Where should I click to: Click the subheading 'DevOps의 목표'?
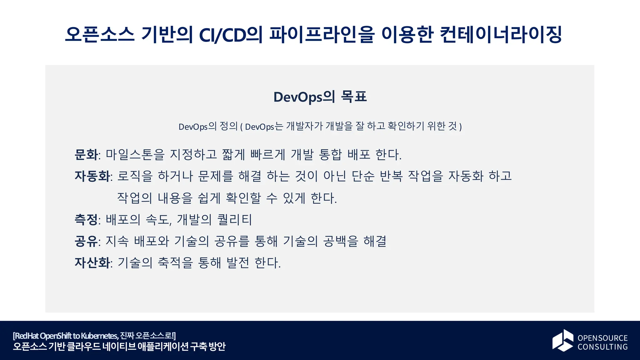320,97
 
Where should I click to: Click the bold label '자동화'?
92,176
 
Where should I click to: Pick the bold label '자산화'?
92,263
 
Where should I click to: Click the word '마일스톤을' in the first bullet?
135,155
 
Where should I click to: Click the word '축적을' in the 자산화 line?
175,263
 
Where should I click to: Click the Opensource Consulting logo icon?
563,340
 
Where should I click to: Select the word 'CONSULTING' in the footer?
602,347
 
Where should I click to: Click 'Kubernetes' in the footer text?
99,336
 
